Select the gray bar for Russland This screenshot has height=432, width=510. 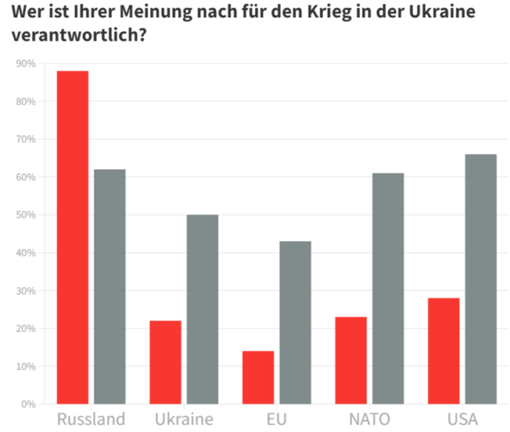click(x=110, y=286)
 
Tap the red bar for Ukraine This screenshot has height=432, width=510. click(x=165, y=362)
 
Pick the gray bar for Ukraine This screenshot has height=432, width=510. click(x=203, y=309)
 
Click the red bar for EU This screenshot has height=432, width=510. click(x=258, y=377)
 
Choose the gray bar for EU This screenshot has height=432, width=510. click(x=295, y=322)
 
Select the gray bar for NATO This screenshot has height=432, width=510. click(x=388, y=288)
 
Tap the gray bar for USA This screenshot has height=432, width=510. click(x=481, y=279)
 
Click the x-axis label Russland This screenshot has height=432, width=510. click(x=91, y=419)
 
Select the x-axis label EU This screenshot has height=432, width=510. click(x=276, y=419)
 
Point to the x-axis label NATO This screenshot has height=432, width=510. click(x=369, y=419)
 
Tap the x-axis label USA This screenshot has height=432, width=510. click(x=462, y=419)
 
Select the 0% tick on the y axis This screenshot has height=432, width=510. click(x=28, y=403)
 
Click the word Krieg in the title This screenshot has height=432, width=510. click(x=317, y=13)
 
